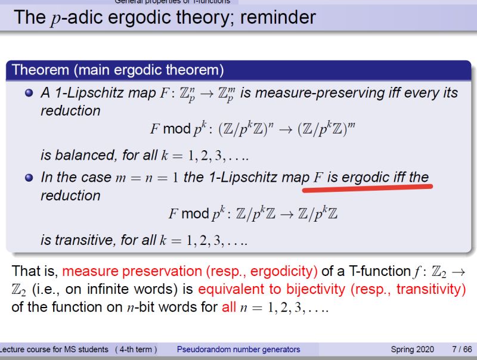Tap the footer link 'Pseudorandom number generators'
238,349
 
